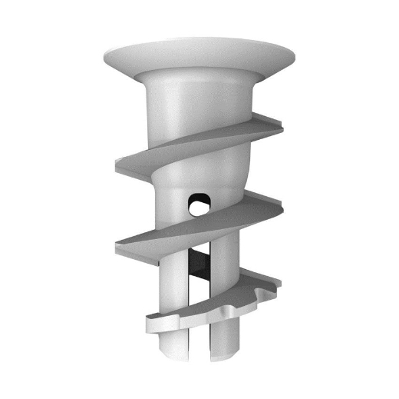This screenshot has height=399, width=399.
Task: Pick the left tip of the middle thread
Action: pos(117,247)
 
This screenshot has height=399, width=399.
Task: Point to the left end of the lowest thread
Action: pos(148,323)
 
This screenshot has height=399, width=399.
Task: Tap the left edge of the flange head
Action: pos(104,55)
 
